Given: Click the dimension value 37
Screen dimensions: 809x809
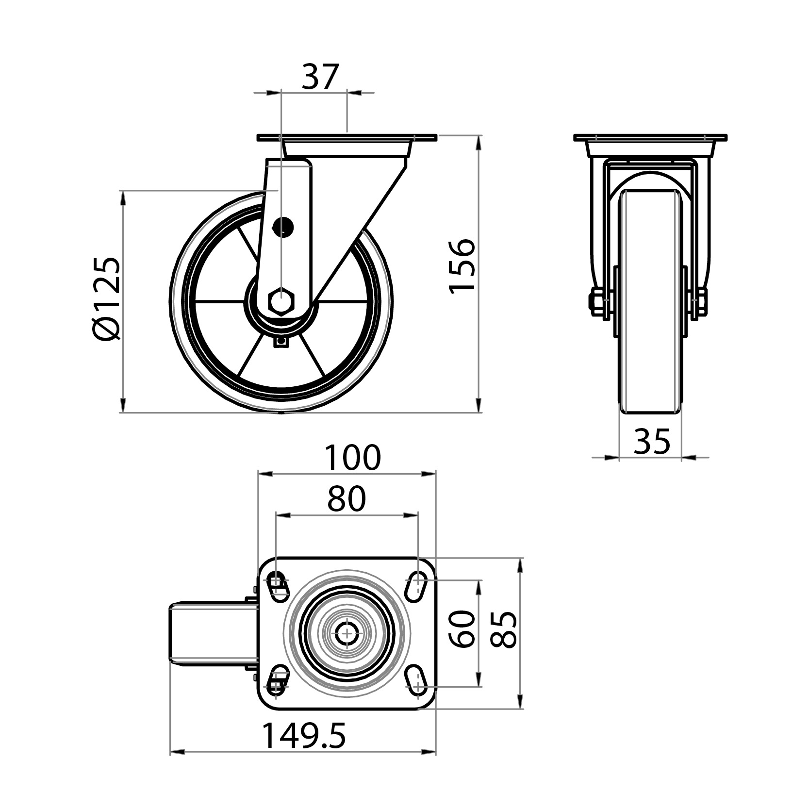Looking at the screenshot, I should (319, 77).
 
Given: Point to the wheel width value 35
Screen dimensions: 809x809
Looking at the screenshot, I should (652, 441).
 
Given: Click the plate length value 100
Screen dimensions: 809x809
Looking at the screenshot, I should (353, 458).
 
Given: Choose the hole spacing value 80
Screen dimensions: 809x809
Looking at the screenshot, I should (346, 499).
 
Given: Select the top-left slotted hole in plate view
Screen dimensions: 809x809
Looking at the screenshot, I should (278, 586).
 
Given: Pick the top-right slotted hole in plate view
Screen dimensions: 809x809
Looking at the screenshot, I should (415, 586).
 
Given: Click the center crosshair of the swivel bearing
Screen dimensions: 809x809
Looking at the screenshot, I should (347, 633).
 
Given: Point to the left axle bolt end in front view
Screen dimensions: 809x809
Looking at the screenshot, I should (596, 302).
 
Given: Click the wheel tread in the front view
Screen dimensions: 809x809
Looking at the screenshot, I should (651, 301).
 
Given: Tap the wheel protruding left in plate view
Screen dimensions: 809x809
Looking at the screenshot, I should (213, 633).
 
